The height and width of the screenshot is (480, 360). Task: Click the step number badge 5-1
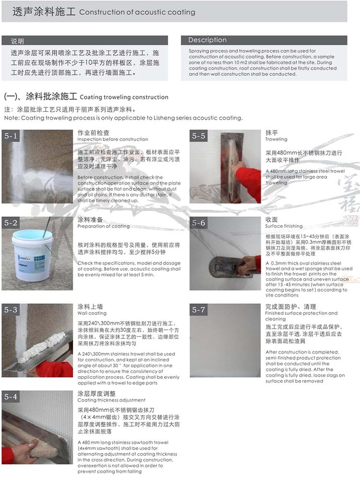click(11, 136)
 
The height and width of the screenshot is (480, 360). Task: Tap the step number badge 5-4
click(11, 397)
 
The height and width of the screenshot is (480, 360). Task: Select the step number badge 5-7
click(198, 310)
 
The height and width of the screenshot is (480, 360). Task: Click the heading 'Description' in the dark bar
click(207, 40)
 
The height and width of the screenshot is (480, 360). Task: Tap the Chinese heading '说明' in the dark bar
click(18, 41)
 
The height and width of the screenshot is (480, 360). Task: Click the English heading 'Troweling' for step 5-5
click(276, 139)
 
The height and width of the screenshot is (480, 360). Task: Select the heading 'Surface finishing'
click(284, 226)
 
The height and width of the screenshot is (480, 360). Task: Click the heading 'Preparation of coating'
click(103, 226)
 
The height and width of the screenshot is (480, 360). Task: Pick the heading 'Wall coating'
click(92, 313)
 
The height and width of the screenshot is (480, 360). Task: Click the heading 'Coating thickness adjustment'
click(111, 400)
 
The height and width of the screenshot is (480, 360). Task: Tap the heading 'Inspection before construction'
click(113, 139)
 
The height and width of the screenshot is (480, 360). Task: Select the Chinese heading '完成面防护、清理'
click(291, 306)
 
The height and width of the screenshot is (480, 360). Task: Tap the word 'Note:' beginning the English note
click(12, 118)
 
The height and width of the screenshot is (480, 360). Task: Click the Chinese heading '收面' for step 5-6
click(271, 220)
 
